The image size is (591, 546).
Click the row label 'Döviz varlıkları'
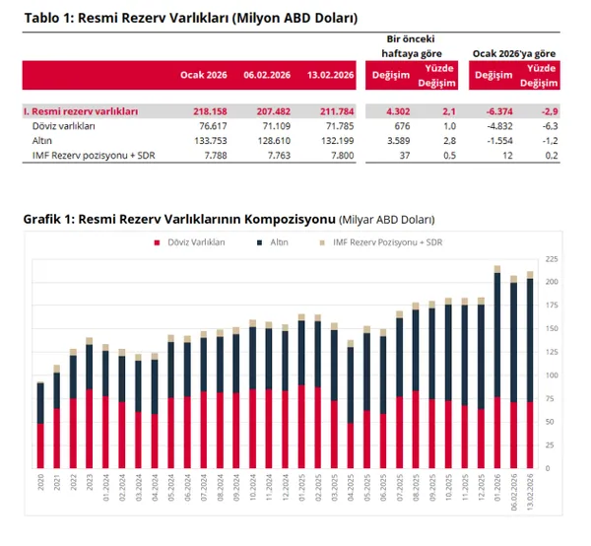coord(64,127)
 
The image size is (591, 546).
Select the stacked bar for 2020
coord(40,425)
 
